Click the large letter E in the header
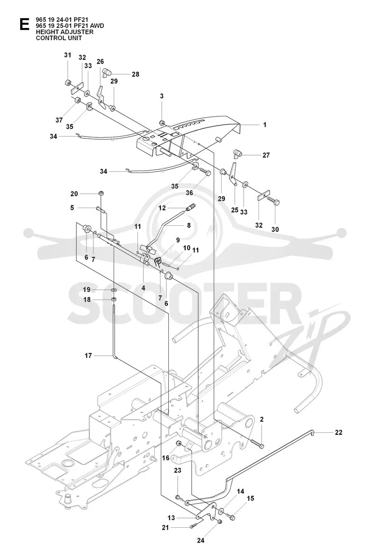(24, 24)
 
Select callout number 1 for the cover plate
(265, 125)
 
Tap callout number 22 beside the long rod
(338, 432)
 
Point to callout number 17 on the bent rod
(88, 355)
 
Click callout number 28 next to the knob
(136, 74)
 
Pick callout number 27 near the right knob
(266, 155)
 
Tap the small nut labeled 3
(162, 123)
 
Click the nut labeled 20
(101, 193)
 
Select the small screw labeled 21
(194, 526)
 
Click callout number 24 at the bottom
(201, 540)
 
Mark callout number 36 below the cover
(189, 193)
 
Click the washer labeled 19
(113, 290)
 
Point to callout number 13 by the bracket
(171, 518)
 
